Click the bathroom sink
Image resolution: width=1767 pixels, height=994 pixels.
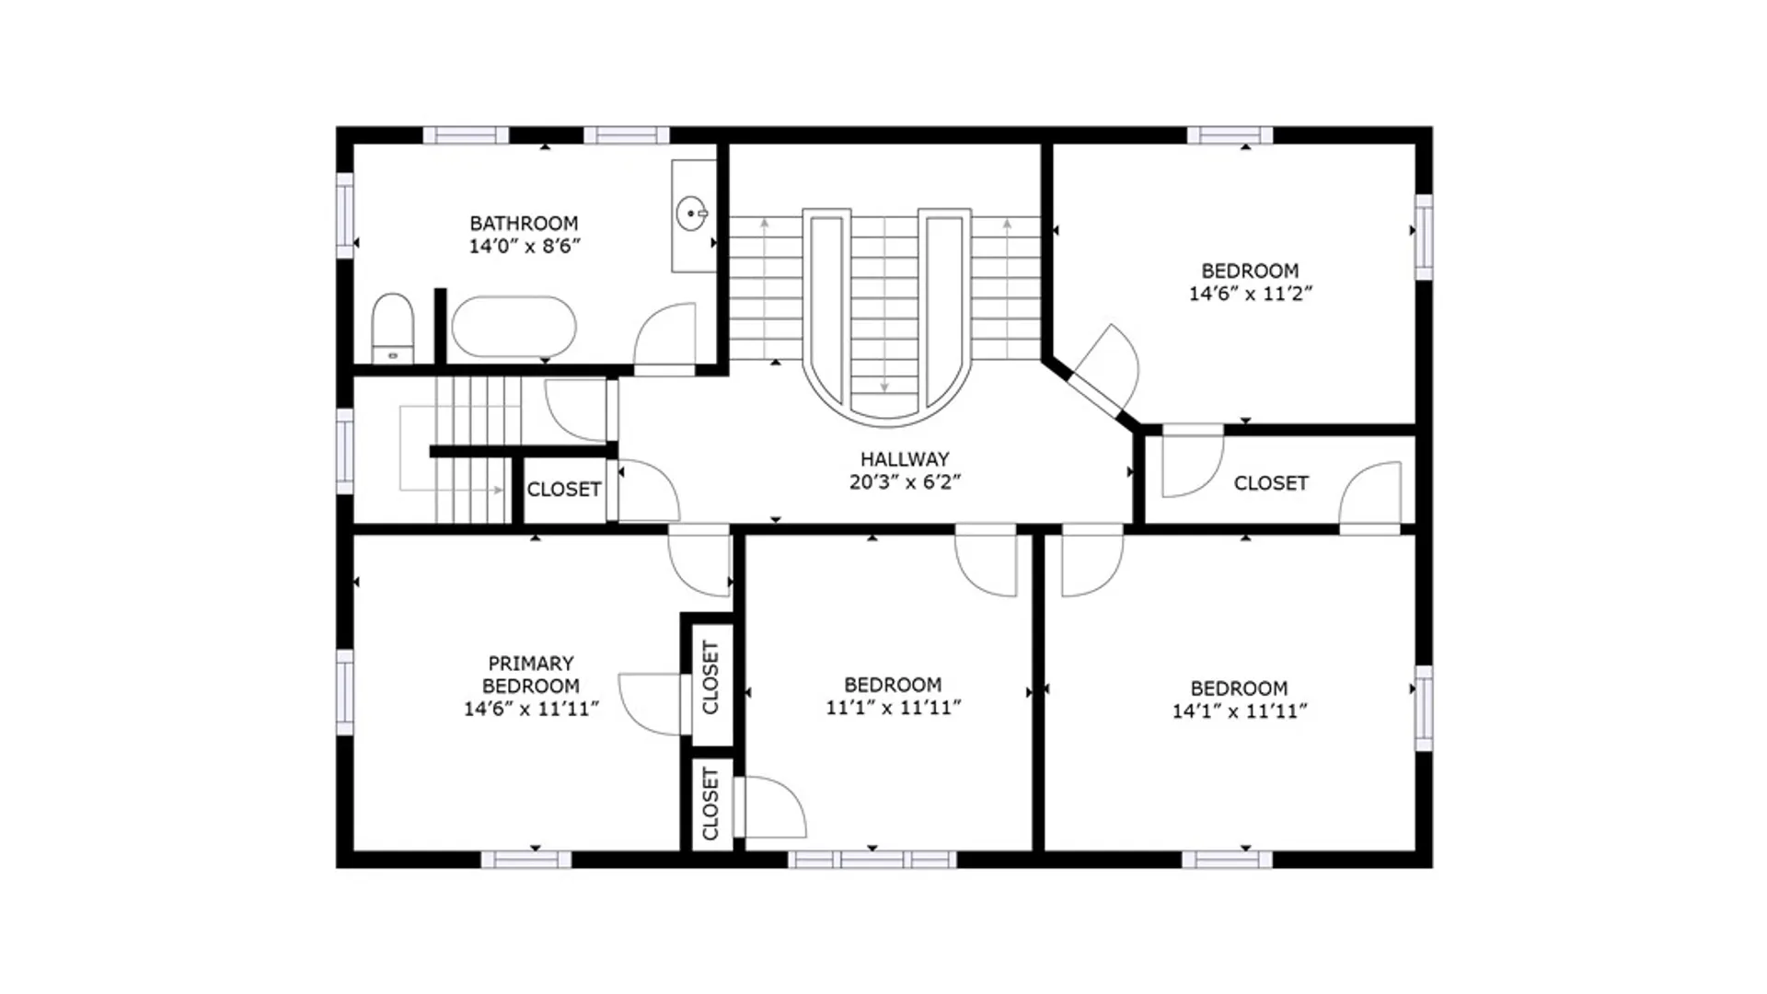691,214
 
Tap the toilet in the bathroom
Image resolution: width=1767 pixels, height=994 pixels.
393,329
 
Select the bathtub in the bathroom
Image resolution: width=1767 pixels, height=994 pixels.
513,327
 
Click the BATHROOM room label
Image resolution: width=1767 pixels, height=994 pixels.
524,223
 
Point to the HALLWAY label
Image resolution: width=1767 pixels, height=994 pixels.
905,458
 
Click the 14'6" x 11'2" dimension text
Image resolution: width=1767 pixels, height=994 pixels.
1250,294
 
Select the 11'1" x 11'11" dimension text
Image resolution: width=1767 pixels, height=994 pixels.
893,707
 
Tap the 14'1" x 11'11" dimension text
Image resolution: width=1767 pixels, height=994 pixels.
1239,711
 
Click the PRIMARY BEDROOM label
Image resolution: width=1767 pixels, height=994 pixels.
531,675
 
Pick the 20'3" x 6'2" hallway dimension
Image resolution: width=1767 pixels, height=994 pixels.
905,481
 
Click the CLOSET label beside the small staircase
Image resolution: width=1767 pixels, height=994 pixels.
563,489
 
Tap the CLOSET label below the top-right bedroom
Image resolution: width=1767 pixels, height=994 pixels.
1271,483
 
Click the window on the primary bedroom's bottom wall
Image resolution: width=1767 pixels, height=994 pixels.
526,860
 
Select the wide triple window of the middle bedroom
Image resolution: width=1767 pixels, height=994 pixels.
872,860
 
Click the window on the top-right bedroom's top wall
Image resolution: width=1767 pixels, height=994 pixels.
1230,135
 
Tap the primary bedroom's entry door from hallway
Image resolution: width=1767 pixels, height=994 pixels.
699,561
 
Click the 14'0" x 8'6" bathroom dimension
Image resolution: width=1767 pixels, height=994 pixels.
525,246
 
